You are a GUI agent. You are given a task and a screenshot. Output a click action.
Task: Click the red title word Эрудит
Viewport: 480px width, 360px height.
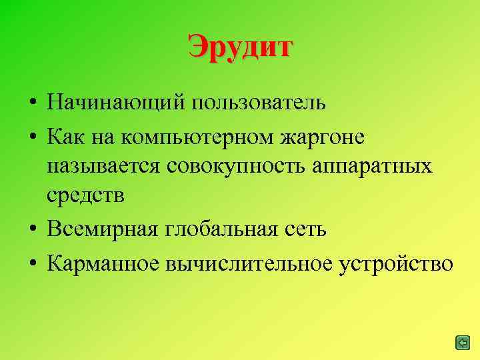pos(240,47)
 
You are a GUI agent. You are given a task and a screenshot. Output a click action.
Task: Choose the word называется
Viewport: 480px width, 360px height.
pos(103,167)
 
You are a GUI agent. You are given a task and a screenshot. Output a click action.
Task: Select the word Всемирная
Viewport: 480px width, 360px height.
pos(99,230)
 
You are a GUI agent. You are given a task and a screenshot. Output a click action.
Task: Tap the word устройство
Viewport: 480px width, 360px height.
pos(395,263)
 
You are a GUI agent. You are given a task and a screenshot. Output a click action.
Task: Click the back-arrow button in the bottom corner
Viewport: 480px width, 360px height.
pos(462,343)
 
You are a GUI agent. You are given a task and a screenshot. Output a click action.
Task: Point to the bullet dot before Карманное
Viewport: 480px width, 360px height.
pos(32,263)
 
